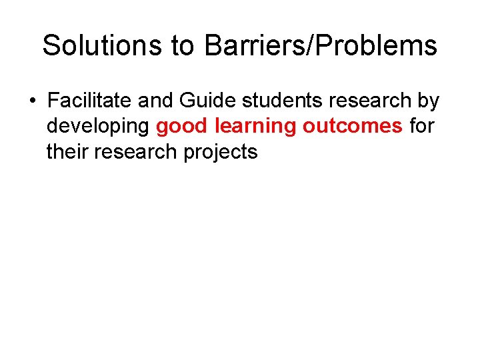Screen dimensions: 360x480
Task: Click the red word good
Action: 182,127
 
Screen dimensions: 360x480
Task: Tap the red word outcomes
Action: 353,127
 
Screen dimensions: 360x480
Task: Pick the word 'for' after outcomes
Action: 422,127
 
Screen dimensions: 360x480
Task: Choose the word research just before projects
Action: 137,152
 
